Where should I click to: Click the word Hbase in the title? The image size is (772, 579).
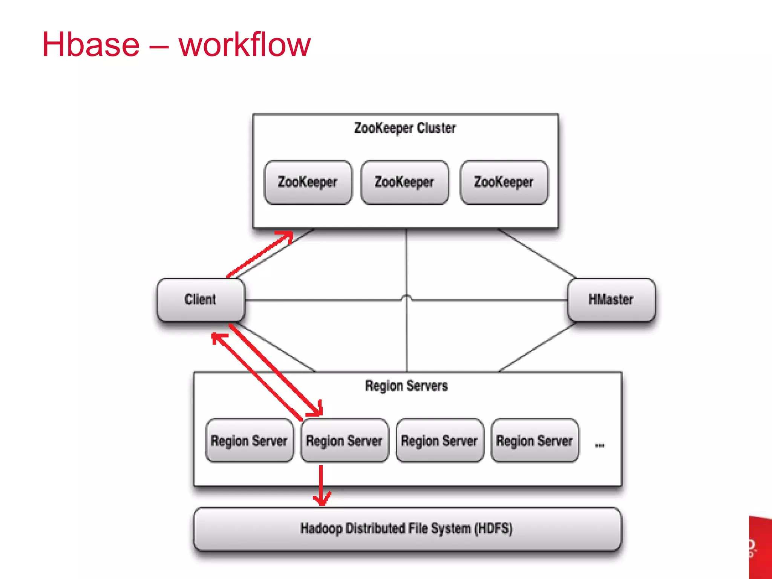[91, 45]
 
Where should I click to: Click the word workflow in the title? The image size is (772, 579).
[245, 45]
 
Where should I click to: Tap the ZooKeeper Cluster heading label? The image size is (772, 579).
[405, 128]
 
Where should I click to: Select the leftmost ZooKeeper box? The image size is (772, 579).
[308, 182]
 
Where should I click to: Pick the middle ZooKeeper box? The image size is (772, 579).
[404, 182]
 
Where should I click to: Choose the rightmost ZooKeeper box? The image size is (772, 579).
[504, 182]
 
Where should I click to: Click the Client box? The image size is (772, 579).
[201, 300]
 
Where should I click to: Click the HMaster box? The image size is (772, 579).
[611, 300]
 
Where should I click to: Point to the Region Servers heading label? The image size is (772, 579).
[406, 386]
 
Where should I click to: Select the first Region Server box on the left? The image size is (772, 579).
[249, 441]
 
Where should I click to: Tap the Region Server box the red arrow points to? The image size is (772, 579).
[344, 441]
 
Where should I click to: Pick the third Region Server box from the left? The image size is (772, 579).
[440, 441]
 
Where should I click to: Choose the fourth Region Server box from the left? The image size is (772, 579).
[535, 441]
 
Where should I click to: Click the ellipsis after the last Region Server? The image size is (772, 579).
[600, 446]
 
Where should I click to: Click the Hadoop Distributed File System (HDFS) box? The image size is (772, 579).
[406, 528]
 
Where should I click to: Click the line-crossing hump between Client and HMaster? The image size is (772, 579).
[406, 297]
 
